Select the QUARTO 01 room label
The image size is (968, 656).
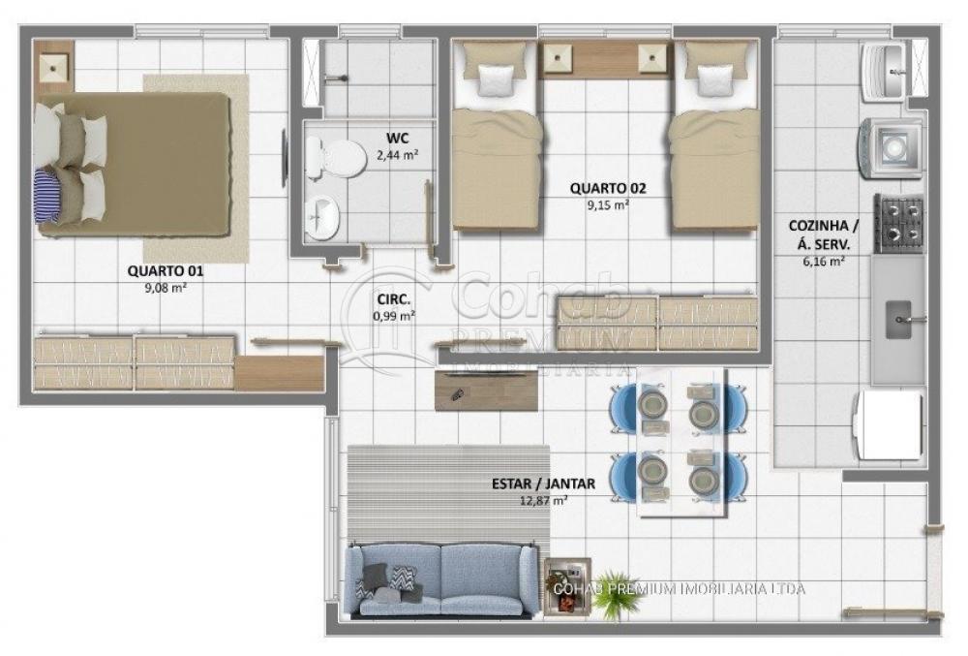coord(165,270)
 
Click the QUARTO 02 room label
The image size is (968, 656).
coord(608,188)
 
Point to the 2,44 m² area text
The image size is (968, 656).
coord(398,155)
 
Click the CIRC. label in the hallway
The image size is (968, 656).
coord(394,299)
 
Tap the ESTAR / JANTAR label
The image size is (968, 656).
coord(543,484)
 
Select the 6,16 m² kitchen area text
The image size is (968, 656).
coord(824,262)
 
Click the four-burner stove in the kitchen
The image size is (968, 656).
coord(899,224)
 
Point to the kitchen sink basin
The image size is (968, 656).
coord(899,320)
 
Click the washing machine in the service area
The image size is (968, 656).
coord(890,148)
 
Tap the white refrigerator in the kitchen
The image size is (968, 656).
coord(888,425)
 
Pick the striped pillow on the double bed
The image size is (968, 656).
coord(45,197)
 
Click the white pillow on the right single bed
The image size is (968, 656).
coord(715,81)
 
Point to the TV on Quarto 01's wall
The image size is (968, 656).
coord(285,158)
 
